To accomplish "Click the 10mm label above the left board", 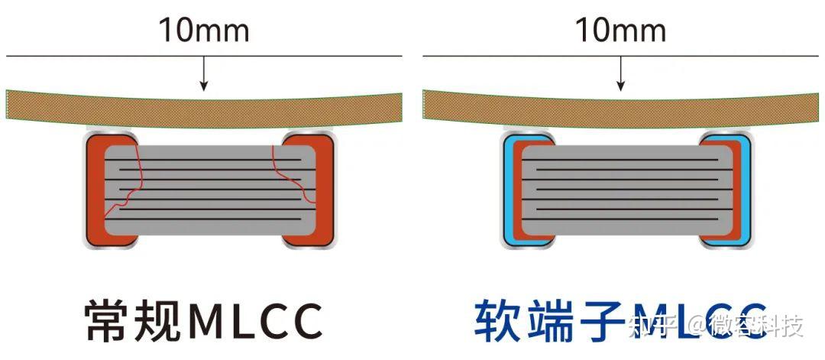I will pyautogui.click(x=203, y=31).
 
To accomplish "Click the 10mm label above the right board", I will pyautogui.click(x=620, y=31).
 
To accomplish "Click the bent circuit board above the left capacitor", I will pyautogui.click(x=203, y=108).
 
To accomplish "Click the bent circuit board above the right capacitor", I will pyautogui.click(x=620, y=108).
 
